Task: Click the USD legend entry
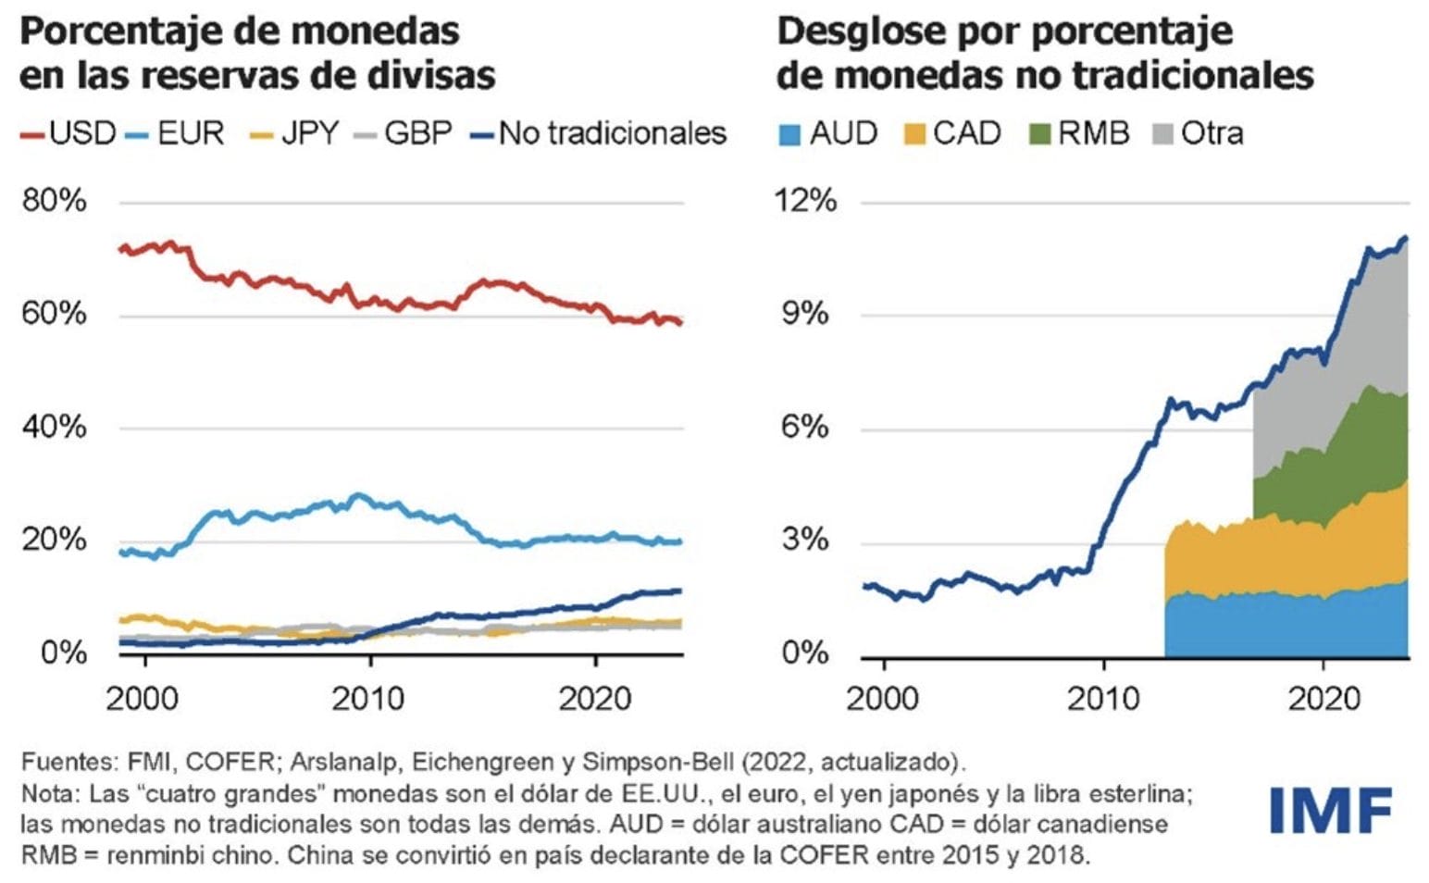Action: tap(68, 133)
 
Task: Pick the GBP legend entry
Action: tap(404, 133)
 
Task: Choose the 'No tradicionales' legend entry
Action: tap(600, 133)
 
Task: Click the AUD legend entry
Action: tap(827, 133)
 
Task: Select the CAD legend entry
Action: tap(952, 133)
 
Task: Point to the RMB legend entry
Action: tap(1080, 133)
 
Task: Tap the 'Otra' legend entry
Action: tap(1199, 133)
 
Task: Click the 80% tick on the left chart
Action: tap(54, 201)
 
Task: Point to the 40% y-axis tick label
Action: tap(54, 427)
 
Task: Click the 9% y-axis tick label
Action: tap(804, 314)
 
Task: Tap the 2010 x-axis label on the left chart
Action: tap(368, 698)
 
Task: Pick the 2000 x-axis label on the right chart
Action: tap(883, 698)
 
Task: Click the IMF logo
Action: tap(1331, 810)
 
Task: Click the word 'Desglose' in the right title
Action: tap(861, 31)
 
